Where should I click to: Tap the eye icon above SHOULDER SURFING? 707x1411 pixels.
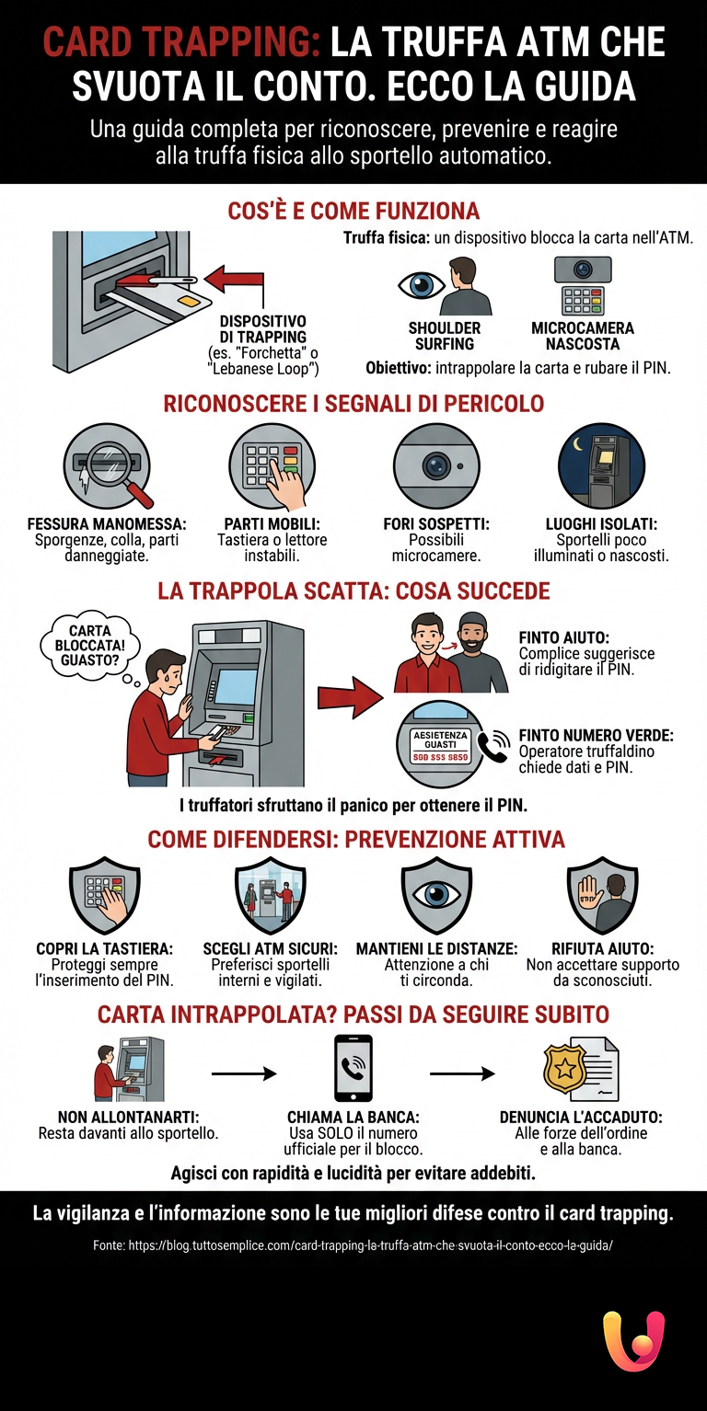coord(421,284)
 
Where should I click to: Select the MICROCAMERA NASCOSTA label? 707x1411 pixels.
coord(582,336)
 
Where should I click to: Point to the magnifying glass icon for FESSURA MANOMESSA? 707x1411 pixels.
coord(108,465)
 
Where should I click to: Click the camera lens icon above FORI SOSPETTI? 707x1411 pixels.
coord(436,465)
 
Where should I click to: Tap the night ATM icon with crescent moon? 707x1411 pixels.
coord(601,465)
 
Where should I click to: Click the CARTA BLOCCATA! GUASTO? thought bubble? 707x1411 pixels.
coord(90,645)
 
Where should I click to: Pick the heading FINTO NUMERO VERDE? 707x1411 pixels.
coord(596,736)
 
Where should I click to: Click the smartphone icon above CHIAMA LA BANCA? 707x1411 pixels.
coord(353,1068)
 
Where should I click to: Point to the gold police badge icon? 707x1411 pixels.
coord(562,1068)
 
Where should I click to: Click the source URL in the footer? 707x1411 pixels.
coord(353,1245)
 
